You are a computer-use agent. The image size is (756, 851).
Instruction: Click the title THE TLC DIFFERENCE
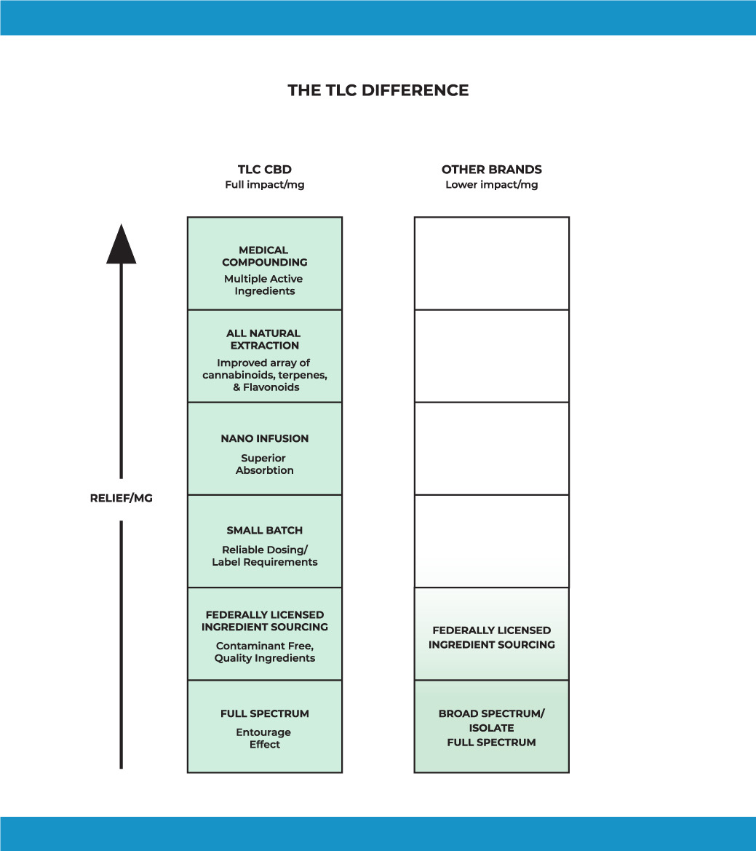[x=378, y=90]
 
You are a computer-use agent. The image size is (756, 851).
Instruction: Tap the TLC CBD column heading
[x=264, y=170]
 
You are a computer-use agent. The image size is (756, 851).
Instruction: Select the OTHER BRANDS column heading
[x=491, y=170]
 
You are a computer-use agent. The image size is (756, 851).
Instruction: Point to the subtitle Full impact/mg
[x=264, y=185]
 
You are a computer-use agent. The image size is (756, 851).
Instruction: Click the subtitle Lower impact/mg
[x=491, y=185]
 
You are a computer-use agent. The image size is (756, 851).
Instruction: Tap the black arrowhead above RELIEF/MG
[x=121, y=245]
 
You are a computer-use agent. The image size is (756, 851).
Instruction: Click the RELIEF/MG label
[x=121, y=499]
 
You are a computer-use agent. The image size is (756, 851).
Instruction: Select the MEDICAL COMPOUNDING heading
[x=264, y=256]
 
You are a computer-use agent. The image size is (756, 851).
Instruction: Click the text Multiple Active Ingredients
[x=264, y=285]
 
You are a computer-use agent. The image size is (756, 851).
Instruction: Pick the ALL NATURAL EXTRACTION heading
[x=264, y=339]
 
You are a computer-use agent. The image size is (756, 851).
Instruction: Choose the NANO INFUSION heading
[x=264, y=438]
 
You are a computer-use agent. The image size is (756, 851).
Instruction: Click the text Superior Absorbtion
[x=264, y=464]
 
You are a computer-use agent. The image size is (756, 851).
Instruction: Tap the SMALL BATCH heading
[x=264, y=530]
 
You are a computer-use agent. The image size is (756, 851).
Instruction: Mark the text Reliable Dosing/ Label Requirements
[x=264, y=556]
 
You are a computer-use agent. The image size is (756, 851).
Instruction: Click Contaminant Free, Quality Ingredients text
[x=264, y=652]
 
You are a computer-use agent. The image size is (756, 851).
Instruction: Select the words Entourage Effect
[x=264, y=738]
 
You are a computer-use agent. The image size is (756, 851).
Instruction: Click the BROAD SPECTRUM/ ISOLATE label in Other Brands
[x=491, y=721]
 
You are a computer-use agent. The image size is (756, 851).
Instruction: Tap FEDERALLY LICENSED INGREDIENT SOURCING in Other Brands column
[x=491, y=637]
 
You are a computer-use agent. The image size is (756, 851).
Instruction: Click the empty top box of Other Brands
[x=491, y=263]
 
